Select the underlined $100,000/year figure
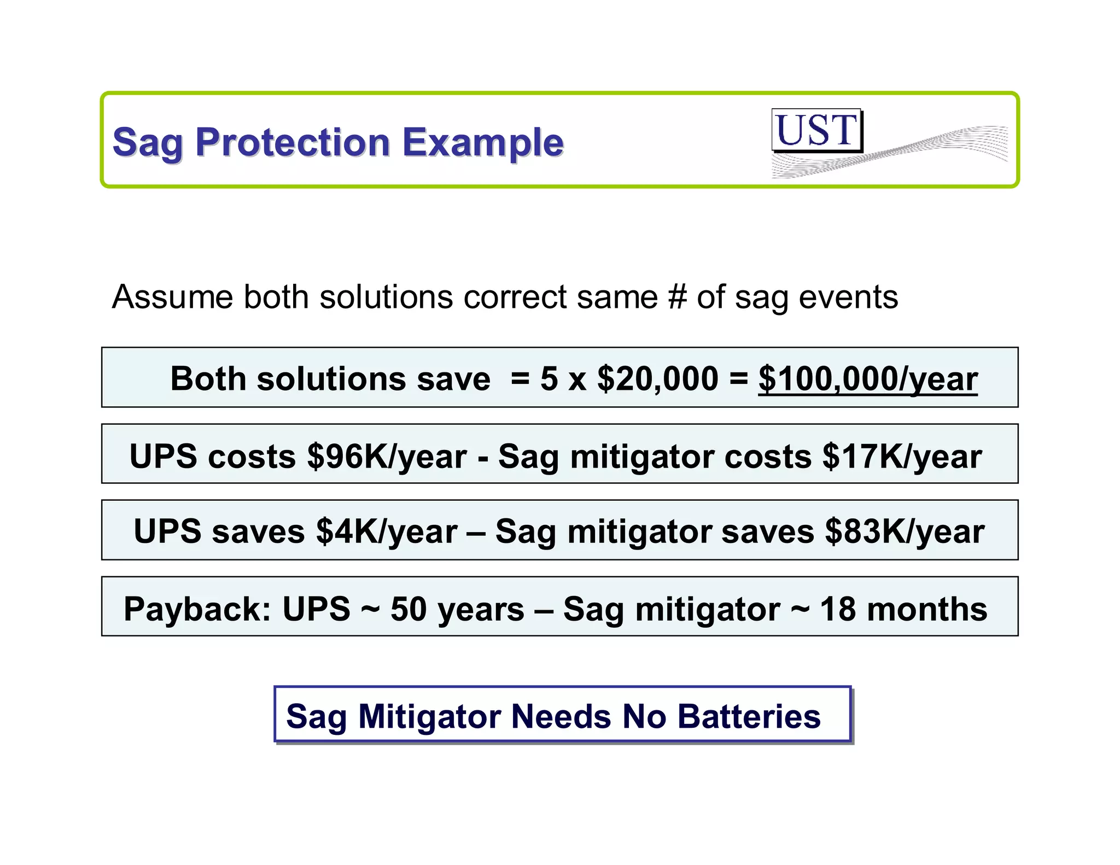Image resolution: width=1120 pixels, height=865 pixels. pyautogui.click(x=868, y=378)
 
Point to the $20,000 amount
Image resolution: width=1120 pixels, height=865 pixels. pyautogui.click(x=657, y=378)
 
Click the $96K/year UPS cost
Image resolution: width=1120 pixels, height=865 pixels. pyautogui.click(x=387, y=456)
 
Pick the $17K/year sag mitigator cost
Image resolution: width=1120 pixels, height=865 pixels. pyautogui.click(x=902, y=456)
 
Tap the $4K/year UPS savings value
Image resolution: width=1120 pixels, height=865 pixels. pyautogui.click(x=387, y=531)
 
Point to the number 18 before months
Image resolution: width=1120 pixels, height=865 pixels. pyautogui.click(x=838, y=609)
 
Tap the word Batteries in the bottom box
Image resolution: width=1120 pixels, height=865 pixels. pyautogui.click(x=749, y=716)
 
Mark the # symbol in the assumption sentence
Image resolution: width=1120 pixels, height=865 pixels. pyautogui.click(x=677, y=297)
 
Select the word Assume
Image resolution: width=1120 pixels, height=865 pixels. pyautogui.click(x=172, y=297)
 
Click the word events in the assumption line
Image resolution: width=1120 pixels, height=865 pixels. pyautogui.click(x=848, y=297)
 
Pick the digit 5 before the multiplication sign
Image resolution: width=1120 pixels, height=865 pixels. pyautogui.click(x=549, y=378)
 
